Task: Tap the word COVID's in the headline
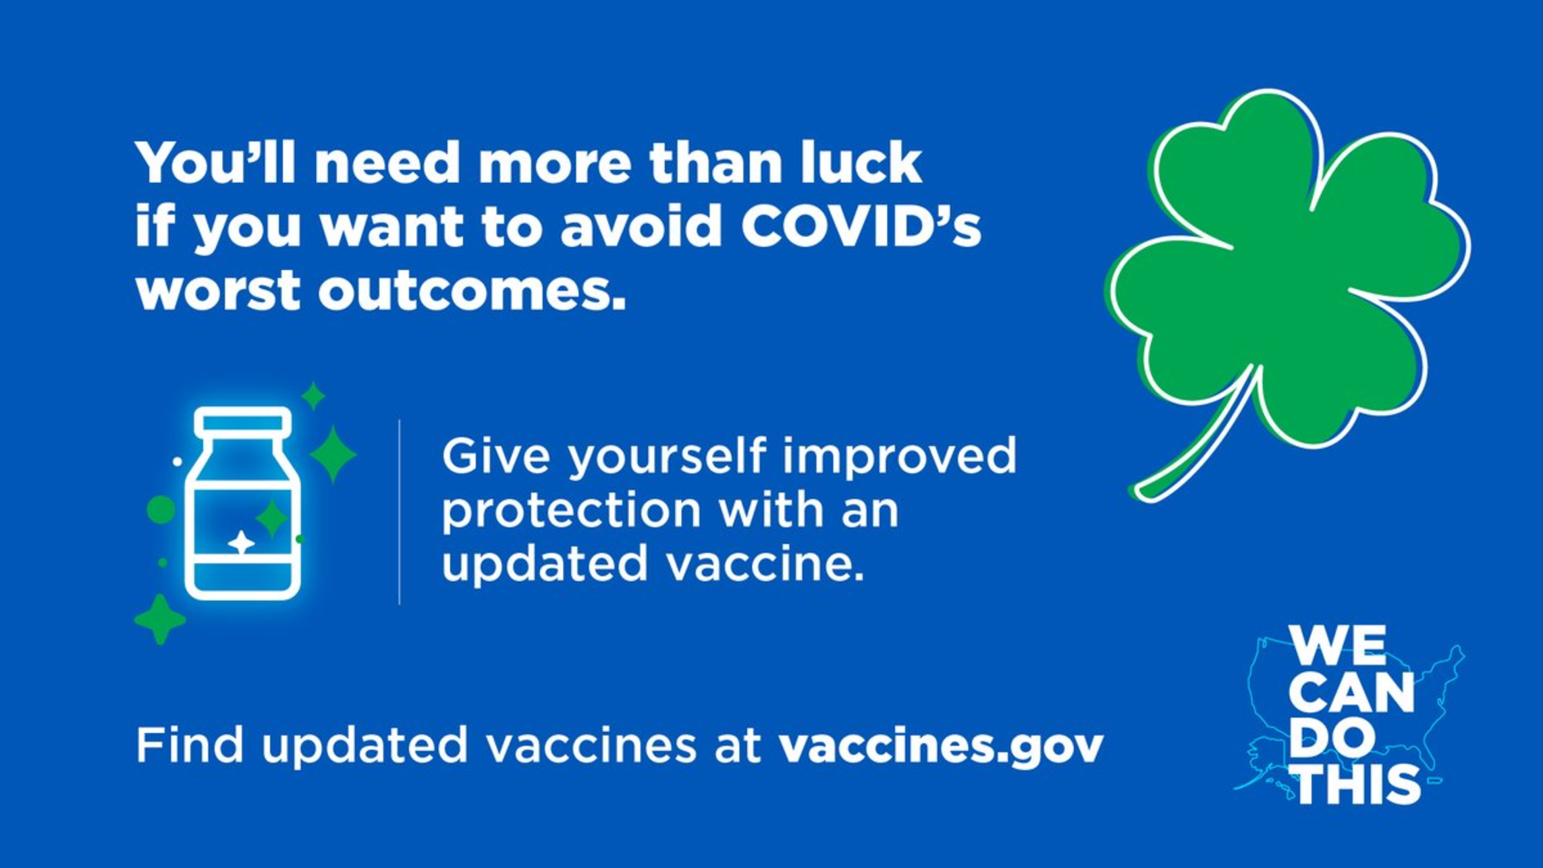click(861, 226)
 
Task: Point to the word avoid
click(641, 226)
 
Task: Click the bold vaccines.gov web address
click(940, 746)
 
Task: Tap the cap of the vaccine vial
click(243, 423)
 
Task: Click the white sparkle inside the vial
click(241, 542)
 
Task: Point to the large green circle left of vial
click(161, 510)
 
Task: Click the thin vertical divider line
click(400, 512)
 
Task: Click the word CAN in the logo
click(1355, 693)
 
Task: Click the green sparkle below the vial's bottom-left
click(160, 619)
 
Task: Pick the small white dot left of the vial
click(177, 462)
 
